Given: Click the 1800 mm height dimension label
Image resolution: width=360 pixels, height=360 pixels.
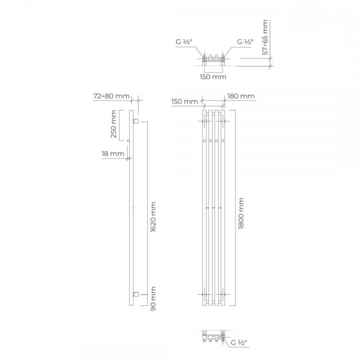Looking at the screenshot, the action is [241, 214].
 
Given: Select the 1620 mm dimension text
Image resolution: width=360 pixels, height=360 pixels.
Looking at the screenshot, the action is [153, 217].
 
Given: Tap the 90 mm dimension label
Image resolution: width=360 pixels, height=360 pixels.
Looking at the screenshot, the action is [153, 299].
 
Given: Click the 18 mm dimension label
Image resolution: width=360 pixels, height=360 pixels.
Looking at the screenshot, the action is [113, 154].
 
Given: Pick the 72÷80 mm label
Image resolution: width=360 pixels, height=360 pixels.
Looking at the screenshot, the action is [112, 96].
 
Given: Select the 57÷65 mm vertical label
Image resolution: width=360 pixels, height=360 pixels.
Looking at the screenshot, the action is [265, 37].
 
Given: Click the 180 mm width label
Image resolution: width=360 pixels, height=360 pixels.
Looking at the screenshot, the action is [241, 96].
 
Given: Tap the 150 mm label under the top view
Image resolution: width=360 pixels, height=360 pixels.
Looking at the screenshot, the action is [213, 77].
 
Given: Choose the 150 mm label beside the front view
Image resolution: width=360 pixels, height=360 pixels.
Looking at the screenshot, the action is [184, 101].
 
